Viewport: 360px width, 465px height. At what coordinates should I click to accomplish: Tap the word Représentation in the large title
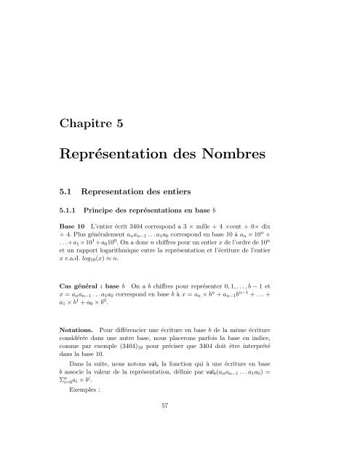[x=122, y=154]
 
